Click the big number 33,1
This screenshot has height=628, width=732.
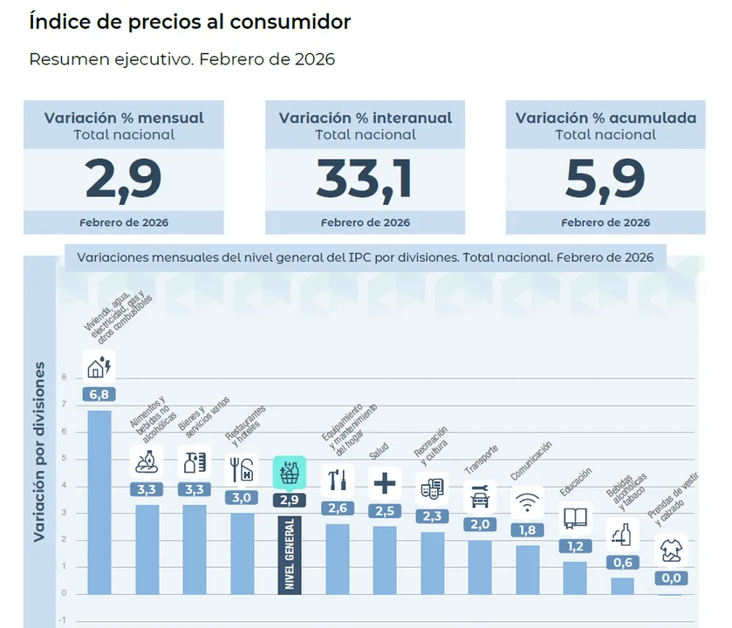364,180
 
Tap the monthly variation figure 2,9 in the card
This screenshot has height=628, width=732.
123,180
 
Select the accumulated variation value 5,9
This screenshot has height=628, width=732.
605,180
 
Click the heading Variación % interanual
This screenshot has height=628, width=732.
365,118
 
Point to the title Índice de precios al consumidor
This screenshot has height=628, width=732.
190,22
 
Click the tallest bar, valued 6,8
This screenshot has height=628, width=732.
99,502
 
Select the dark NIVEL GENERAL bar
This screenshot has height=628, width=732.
289,555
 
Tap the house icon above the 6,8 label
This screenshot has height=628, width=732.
99,366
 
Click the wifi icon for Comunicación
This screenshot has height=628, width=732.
527,502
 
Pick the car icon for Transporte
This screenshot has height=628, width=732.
480,497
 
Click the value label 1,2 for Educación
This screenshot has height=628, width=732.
575,546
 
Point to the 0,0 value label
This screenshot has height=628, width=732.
671,578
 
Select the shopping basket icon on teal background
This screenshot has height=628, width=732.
289,473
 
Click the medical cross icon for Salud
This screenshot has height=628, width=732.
384,482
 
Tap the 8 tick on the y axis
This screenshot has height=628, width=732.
64,378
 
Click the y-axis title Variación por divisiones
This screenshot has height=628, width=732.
39,454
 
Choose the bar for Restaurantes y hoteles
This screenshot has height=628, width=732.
242,553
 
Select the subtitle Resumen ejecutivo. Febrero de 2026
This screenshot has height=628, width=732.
182,59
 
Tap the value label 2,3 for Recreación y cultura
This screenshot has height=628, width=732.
432,516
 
